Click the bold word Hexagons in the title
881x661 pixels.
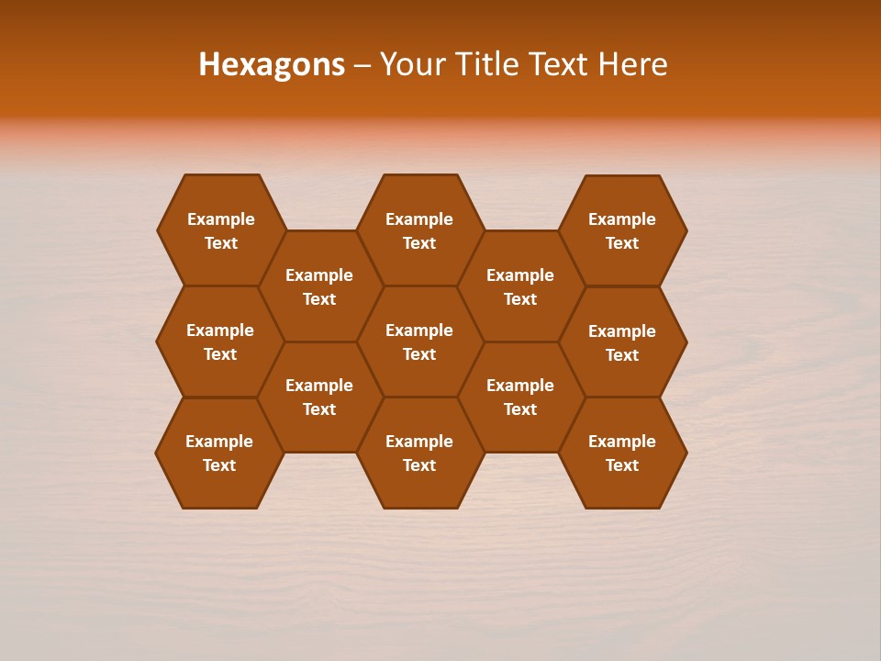272,64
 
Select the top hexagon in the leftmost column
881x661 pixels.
220,230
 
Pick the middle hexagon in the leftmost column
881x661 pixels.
220,342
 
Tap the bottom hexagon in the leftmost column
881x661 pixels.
219,453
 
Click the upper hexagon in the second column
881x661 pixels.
319,286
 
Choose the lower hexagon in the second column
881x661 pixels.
319,397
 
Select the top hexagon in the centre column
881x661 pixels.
419,230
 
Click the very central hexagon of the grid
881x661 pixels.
419,342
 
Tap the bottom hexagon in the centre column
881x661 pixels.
419,453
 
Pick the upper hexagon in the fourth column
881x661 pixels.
520,286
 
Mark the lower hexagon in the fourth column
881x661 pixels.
520,397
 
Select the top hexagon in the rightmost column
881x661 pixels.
622,230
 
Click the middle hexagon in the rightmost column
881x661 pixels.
622,342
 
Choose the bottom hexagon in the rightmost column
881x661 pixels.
622,453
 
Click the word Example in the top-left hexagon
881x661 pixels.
220,219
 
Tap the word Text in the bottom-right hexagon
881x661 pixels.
622,465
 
